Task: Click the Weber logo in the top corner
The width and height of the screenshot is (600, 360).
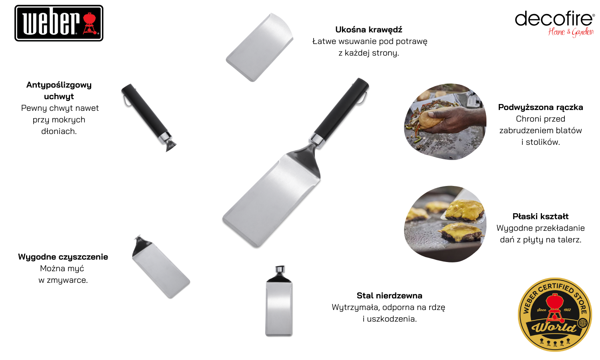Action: (x=59, y=23)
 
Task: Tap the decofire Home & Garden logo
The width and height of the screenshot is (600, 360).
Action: (x=555, y=24)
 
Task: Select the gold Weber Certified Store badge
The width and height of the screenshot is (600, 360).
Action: (x=555, y=314)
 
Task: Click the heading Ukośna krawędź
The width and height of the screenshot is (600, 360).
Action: (x=368, y=30)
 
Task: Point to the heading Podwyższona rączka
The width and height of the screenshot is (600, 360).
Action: (x=540, y=108)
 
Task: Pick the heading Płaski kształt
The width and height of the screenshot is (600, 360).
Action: (x=540, y=216)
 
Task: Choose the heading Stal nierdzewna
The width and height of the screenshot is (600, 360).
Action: (x=390, y=296)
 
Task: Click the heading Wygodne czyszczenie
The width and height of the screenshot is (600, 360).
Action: (x=63, y=257)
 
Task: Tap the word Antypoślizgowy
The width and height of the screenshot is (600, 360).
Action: (x=59, y=85)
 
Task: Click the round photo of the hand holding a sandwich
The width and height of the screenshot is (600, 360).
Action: (x=445, y=122)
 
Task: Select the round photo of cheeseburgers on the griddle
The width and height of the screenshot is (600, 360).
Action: (x=445, y=224)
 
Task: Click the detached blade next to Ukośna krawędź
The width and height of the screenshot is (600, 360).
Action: (x=260, y=47)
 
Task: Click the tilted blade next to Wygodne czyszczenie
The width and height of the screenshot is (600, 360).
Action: (x=161, y=268)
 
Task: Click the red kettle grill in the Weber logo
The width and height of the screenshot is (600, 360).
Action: (x=91, y=24)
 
